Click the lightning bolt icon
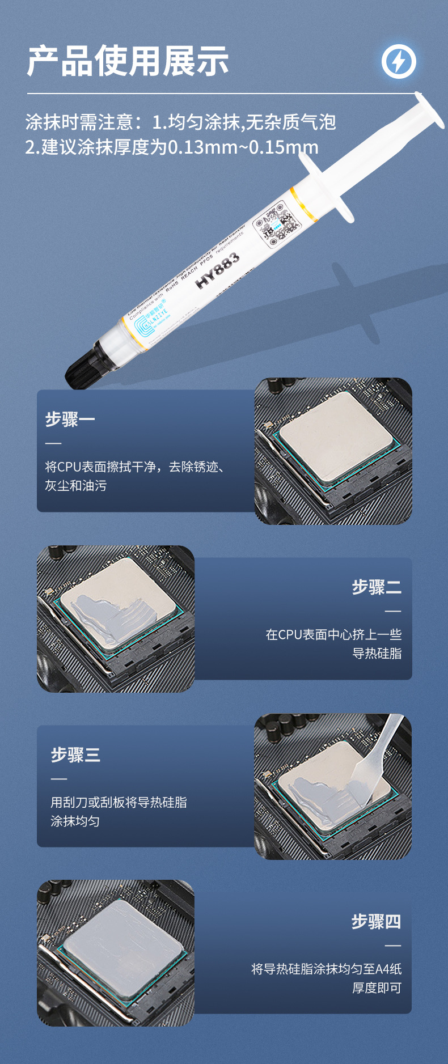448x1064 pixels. pos(399,61)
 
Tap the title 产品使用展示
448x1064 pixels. pos(128,61)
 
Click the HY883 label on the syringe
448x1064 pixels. pos(218,271)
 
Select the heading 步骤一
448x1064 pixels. pos(70,419)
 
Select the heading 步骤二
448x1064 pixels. pos(377,587)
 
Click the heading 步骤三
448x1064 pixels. pos(75,755)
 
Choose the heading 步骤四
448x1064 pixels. pos(376,922)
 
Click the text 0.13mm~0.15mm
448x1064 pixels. pos(243,147)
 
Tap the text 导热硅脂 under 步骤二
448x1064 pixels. pos(377,654)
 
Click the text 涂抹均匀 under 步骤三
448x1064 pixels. pos(75,821)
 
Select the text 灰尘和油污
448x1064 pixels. pos(75,486)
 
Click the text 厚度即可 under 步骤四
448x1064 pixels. pos(377,988)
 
